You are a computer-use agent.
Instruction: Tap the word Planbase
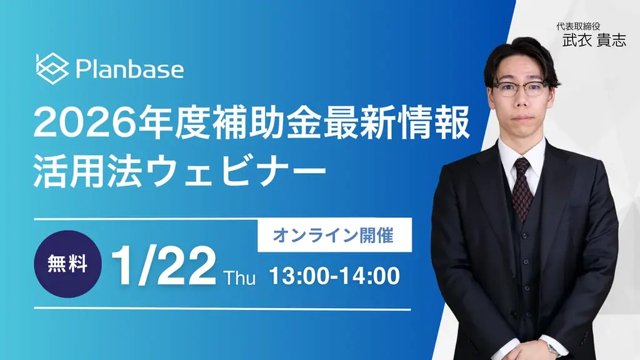129,69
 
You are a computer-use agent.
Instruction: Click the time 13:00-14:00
334,277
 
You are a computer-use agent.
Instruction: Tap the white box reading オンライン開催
334,235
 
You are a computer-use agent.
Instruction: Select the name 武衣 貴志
593,41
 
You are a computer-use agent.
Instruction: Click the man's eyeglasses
519,88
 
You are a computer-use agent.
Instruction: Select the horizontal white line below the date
222,309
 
